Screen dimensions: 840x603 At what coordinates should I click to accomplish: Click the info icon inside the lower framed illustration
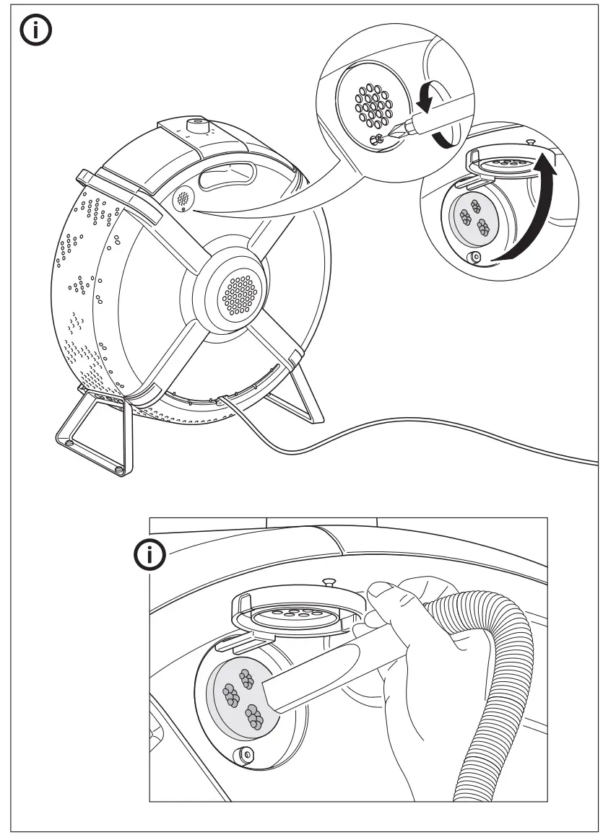[x=151, y=555]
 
